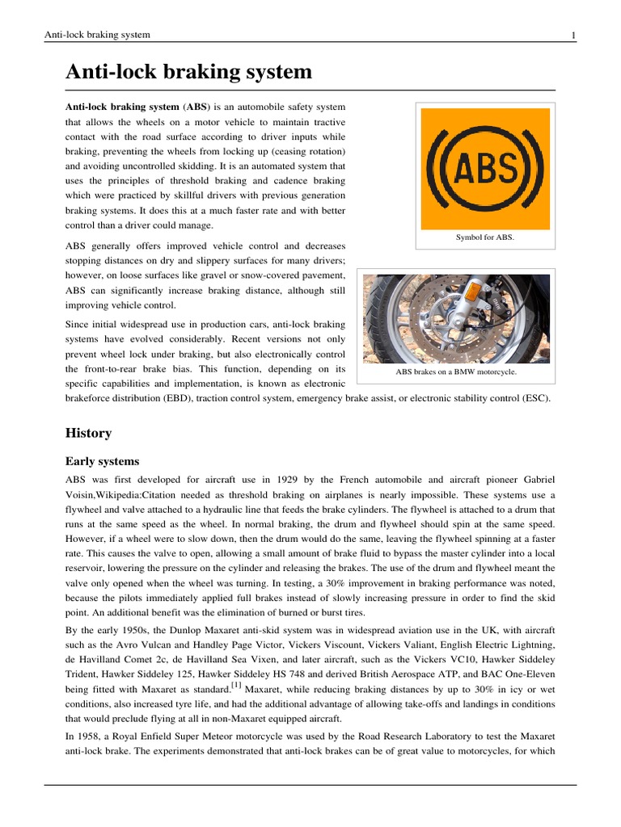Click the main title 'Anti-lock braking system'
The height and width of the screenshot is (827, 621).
188,72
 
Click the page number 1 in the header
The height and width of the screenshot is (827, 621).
572,35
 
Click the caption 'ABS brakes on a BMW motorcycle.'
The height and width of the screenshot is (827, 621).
455,372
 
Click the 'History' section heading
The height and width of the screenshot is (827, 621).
88,433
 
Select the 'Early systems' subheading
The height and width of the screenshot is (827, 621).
102,461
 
